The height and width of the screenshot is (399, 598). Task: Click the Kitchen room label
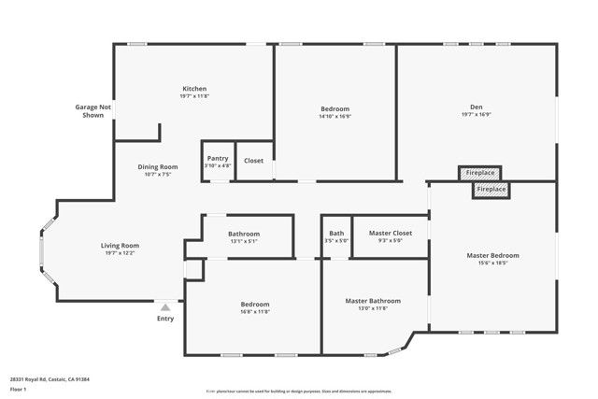click(194, 89)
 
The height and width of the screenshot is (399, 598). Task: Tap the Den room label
click(477, 106)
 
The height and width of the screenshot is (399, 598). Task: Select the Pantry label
click(218, 159)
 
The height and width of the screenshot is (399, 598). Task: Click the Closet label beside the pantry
click(253, 161)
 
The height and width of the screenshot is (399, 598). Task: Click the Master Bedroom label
click(492, 255)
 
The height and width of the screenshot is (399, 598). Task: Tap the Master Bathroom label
click(373, 301)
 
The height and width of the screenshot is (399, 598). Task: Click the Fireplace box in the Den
click(481, 173)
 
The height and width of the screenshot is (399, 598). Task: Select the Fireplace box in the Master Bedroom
click(491, 190)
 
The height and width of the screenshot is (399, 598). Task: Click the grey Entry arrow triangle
click(165, 306)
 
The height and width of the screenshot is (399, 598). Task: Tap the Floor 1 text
click(17, 389)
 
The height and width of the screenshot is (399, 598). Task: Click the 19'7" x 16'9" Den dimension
click(477, 114)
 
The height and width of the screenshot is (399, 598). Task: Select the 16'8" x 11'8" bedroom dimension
click(255, 312)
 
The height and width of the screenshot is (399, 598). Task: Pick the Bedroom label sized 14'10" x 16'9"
click(335, 109)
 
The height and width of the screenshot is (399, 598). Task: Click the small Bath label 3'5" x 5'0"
click(336, 233)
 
